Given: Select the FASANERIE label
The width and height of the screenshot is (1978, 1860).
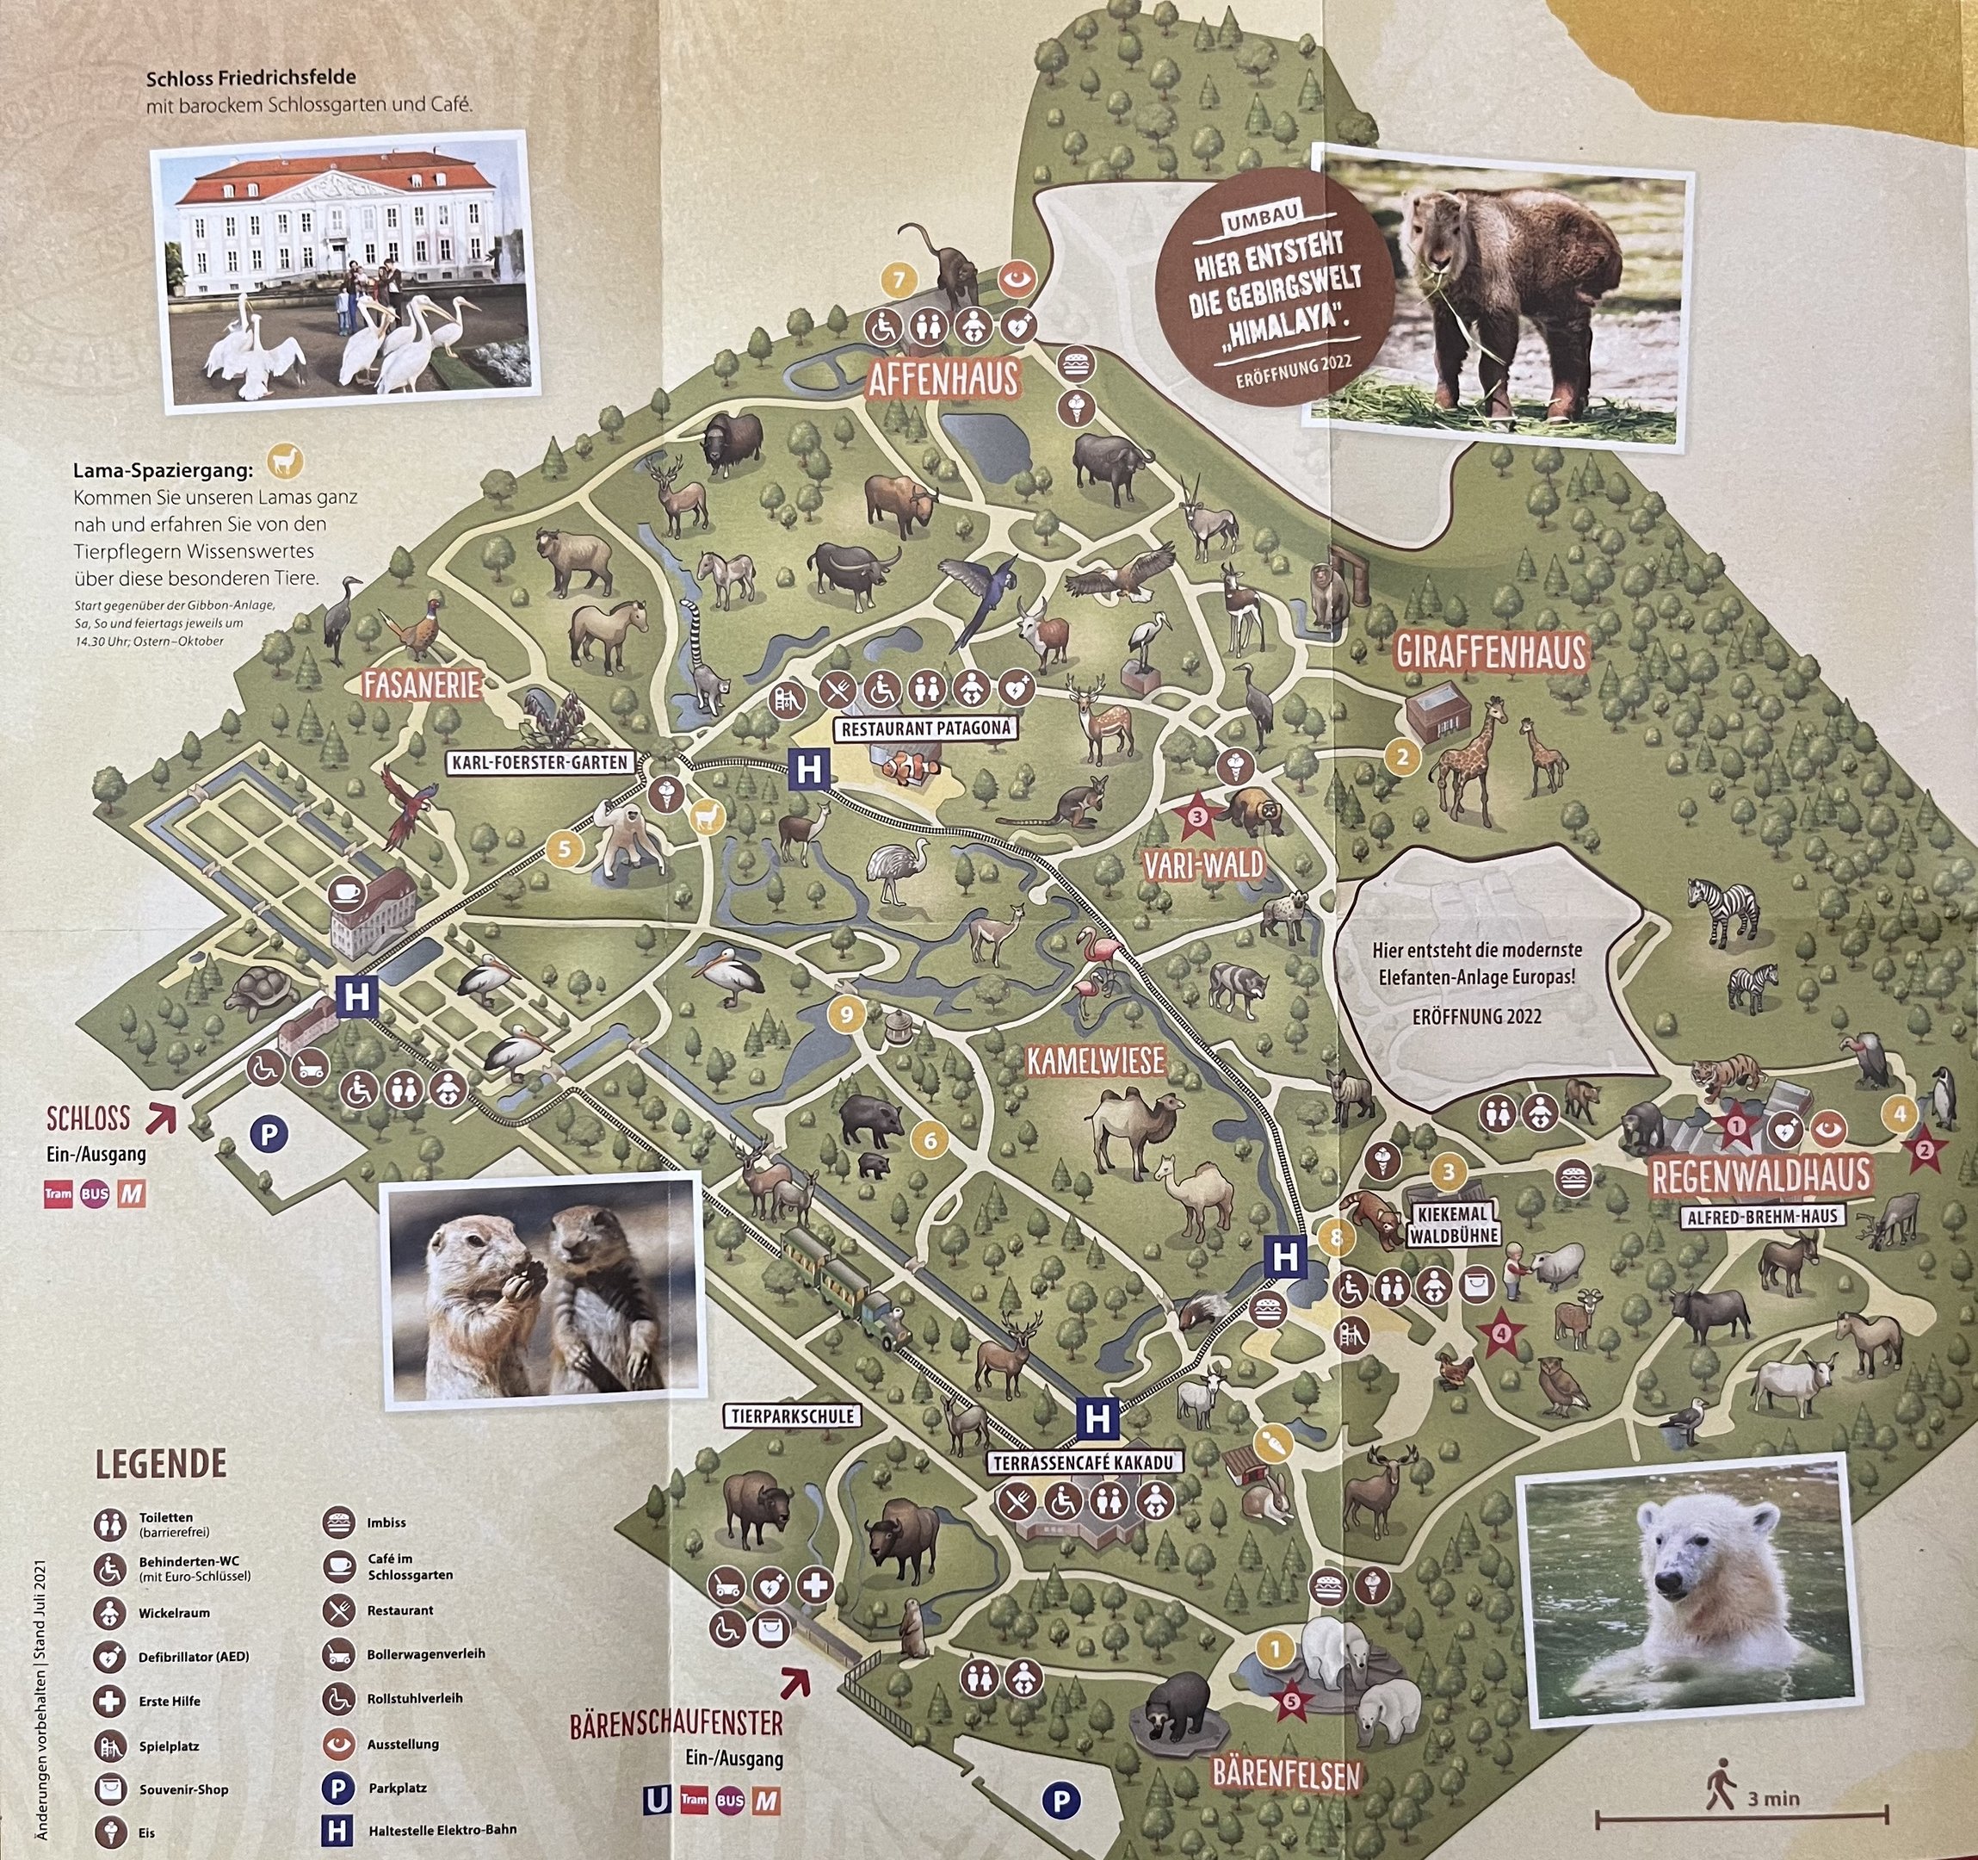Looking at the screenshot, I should (422, 685).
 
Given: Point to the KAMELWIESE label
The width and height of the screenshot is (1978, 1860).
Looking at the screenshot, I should (1096, 1062).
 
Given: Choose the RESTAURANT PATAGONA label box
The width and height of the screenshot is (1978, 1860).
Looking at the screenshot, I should (926, 728).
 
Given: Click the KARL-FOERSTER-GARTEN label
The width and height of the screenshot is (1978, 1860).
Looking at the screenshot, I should (541, 763).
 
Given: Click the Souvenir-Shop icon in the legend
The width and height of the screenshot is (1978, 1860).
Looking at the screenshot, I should (110, 1789).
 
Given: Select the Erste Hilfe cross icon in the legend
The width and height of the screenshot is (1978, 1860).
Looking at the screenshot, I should (110, 1701).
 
